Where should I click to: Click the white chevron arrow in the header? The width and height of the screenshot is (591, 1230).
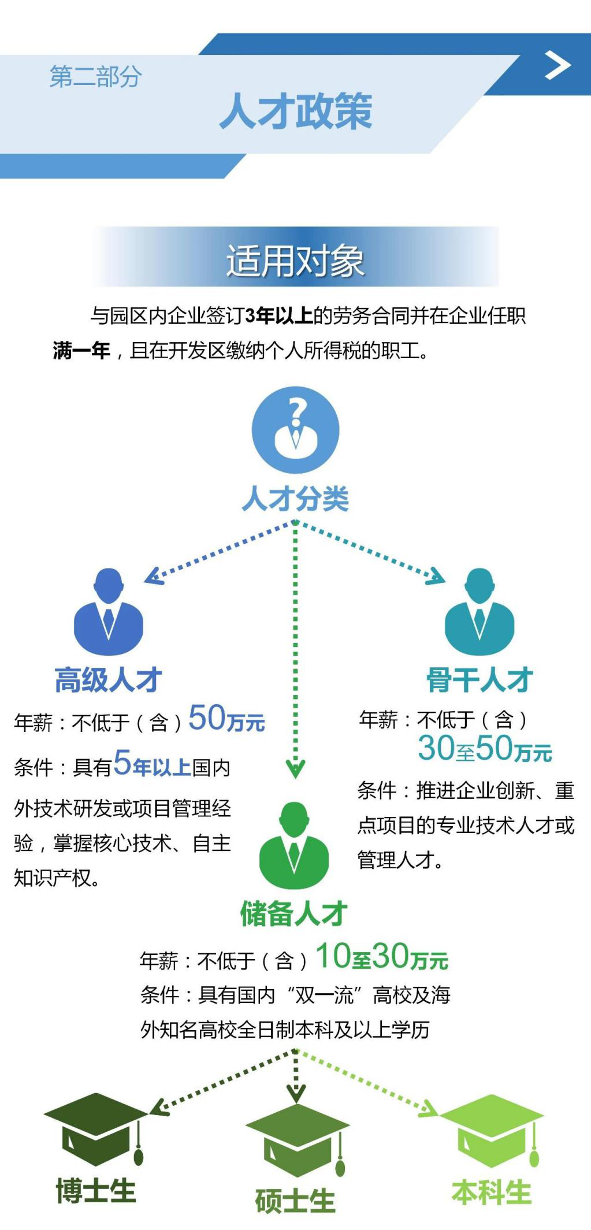[557, 66]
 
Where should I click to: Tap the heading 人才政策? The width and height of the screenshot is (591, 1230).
[296, 112]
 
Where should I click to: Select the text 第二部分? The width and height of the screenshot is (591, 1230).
[95, 77]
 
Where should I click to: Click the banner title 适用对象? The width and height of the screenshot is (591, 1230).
[295, 261]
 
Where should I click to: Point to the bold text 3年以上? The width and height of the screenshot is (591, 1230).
[279, 316]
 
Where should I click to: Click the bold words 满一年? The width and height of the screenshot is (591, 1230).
[81, 350]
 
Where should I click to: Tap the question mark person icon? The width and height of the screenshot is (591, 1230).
[295, 430]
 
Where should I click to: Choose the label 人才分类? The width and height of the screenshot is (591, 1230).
[295, 499]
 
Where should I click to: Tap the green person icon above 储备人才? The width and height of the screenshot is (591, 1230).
[294, 845]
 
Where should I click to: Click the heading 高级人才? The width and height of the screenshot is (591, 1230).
[108, 679]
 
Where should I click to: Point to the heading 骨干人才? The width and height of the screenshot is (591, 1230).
[480, 679]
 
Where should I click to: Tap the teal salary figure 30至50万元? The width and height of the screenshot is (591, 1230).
[485, 748]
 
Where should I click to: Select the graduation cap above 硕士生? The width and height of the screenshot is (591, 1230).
[297, 1139]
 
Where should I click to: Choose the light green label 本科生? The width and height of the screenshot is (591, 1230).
[492, 1192]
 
